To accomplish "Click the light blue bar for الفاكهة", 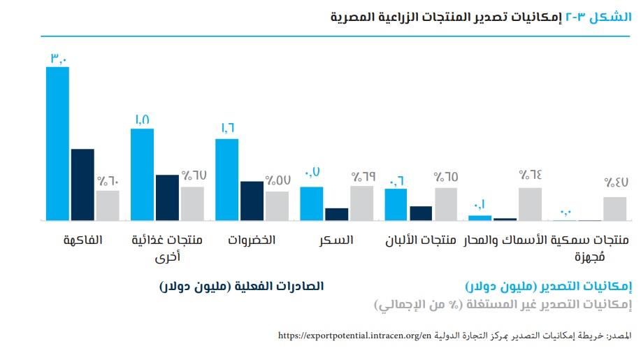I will coord(57,143).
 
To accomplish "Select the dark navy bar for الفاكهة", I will coord(82,185).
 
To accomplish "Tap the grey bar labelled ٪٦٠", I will coord(108,206).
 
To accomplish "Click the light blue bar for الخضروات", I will coord(226,180).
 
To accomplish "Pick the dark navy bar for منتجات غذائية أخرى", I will coord(167,198).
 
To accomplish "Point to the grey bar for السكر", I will coord(361,203).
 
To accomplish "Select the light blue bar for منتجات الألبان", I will coord(396,205).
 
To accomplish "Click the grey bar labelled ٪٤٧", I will coord(615,209).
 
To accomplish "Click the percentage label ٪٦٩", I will coord(362,176).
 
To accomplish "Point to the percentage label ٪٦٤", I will coord(531,176).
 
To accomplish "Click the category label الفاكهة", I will coord(83,240).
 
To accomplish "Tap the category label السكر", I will coord(336,240).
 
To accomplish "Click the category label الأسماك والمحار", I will coord(509,240).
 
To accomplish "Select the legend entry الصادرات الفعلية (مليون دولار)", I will coord(241,287).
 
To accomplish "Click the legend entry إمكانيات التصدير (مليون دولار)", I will coord(549,287).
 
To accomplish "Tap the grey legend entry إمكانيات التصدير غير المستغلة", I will coord(503,305).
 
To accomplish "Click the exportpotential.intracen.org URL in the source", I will coord(354,336).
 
